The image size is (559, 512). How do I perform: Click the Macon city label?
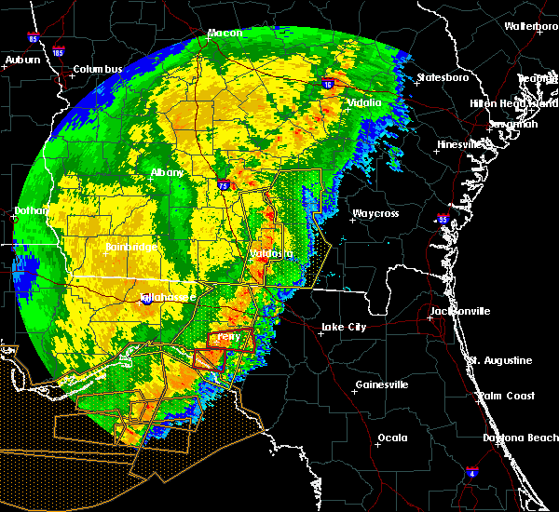tap(225, 33)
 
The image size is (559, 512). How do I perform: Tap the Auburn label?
tap(23, 60)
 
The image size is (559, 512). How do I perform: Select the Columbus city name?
tap(98, 70)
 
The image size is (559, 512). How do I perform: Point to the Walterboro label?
tap(531, 26)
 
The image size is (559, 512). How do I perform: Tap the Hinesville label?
tap(463, 144)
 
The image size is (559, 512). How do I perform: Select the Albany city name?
tap(168, 173)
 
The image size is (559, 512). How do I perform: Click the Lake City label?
tap(342, 327)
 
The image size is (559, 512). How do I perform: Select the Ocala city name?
tap(391, 438)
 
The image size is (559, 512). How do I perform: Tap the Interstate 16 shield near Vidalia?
tap(329, 83)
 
